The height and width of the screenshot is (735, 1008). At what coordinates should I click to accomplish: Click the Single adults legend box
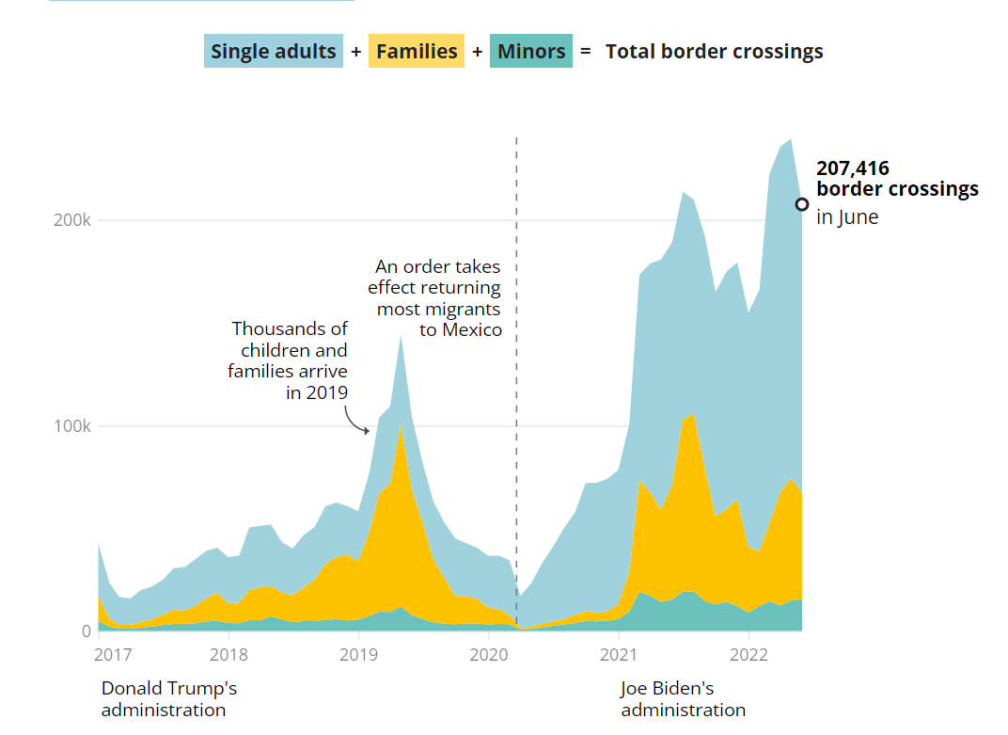273,51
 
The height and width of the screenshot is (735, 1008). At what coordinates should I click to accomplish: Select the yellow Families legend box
417,51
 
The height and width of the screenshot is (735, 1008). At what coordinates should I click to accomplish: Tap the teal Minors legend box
531,51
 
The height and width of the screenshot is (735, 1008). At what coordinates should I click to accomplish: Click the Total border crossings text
714,52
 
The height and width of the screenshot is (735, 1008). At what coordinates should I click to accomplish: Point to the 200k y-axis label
72,220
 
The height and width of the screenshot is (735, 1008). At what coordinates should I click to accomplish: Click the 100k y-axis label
72,426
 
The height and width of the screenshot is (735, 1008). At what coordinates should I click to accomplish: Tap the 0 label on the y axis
86,631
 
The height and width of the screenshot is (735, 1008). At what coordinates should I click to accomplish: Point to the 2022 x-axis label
748,654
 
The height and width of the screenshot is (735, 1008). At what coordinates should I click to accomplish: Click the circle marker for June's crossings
802,204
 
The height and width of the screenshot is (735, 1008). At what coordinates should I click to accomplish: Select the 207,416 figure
853,169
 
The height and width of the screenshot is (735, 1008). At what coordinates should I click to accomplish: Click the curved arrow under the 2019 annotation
357,420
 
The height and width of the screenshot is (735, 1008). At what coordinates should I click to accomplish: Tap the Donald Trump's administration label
168,699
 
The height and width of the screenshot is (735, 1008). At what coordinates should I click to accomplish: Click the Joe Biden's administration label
683,699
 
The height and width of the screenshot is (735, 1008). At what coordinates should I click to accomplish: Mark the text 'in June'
847,217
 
